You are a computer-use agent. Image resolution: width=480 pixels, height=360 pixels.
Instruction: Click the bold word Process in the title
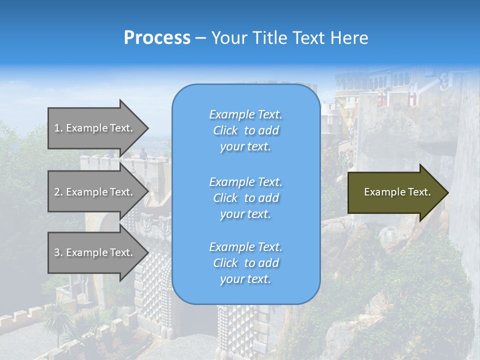coord(157,38)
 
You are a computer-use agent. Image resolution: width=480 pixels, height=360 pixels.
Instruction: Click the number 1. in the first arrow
coord(58,128)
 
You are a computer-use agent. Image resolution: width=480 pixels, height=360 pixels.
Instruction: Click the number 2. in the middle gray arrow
coord(58,192)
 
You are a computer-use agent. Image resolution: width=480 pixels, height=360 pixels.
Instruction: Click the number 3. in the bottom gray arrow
coord(58,252)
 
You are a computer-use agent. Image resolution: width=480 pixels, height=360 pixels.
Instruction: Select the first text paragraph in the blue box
coord(245,130)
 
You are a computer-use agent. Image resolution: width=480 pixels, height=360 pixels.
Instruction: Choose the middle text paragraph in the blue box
coord(245,198)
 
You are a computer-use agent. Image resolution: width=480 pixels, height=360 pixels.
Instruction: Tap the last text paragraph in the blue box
coord(245,263)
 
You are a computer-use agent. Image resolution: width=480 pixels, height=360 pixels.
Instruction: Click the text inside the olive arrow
coord(397,192)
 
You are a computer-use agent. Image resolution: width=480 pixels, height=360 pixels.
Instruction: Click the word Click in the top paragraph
coord(225,130)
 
